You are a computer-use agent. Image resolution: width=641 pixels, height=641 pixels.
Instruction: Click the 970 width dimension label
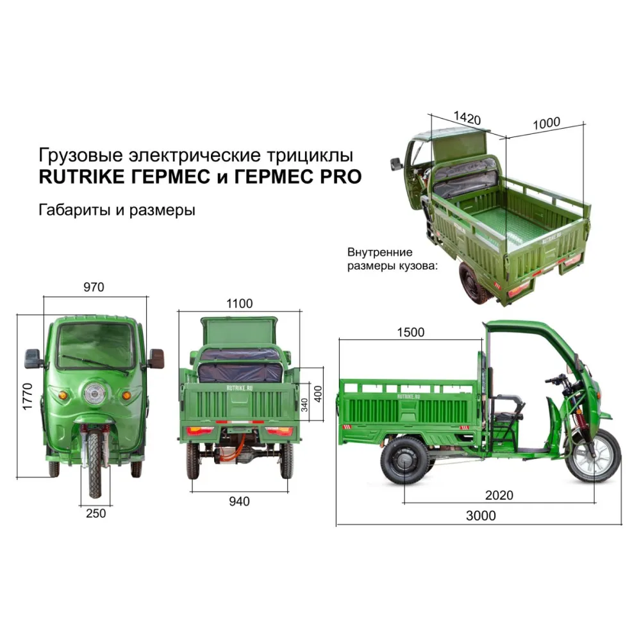pos(94,287)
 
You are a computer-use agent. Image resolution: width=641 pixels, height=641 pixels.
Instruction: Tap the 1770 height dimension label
pos(28,396)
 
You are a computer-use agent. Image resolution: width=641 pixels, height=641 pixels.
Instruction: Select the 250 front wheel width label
pos(96,513)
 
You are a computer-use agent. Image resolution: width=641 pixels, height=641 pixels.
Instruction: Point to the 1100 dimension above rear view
pos(240,303)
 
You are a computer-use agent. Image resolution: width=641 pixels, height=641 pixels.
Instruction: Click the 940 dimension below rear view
pos(239,501)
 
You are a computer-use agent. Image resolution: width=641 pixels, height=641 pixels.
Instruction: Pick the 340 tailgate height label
pos(304,404)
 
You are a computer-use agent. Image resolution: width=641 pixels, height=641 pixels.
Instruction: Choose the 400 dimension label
pos(318,394)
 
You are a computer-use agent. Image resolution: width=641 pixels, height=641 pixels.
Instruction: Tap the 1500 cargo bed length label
pos(411,332)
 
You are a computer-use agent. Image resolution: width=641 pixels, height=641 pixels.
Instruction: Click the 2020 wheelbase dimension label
pos(499,495)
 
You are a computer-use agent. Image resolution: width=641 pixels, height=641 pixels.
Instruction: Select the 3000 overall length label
pos(481,515)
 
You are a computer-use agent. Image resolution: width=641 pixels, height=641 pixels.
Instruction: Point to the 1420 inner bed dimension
pos(467,118)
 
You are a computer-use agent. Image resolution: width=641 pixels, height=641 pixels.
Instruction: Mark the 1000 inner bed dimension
pos(547,123)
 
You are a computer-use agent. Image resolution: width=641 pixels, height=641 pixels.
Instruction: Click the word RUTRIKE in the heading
pos(82,177)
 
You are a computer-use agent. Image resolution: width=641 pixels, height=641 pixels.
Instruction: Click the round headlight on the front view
pos(94,394)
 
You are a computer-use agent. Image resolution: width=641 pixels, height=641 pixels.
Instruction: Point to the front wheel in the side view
pos(593,455)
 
